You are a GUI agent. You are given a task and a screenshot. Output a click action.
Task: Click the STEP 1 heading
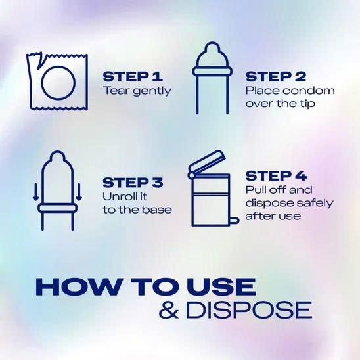point(133,77)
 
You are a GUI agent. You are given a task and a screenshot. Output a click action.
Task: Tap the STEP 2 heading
point(276,77)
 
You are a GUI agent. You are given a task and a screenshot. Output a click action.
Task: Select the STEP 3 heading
point(133,183)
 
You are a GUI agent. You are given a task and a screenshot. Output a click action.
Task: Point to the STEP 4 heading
point(276,176)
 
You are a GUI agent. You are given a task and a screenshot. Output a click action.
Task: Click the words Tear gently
point(137,91)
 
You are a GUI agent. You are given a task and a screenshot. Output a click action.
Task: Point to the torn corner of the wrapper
point(39,62)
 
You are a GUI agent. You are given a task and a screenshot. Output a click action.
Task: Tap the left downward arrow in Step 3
point(35,192)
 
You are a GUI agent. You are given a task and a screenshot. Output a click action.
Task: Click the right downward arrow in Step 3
point(79,192)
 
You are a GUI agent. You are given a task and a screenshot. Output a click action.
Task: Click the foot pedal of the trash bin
point(235,221)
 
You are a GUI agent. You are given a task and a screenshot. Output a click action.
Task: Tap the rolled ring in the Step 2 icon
point(212,71)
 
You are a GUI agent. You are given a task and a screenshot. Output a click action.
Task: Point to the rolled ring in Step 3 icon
point(56,208)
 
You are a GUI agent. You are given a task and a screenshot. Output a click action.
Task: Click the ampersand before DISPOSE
point(169,309)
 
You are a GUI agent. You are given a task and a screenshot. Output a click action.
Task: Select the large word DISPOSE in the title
point(249,309)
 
